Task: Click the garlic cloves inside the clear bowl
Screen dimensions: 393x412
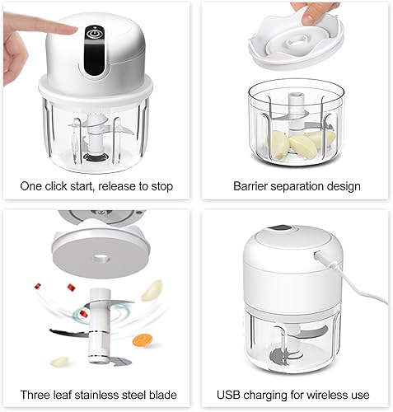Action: pyautogui.click(x=300, y=143)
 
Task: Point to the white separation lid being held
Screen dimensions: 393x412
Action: pyautogui.click(x=296, y=42)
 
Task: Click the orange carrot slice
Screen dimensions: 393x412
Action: pyautogui.click(x=142, y=340)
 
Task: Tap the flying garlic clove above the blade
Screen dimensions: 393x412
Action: pyautogui.click(x=152, y=290)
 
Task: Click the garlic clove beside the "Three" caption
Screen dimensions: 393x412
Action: pyautogui.click(x=59, y=361)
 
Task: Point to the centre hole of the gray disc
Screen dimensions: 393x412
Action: pyautogui.click(x=100, y=259)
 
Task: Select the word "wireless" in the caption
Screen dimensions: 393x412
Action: pyautogui.click(x=329, y=395)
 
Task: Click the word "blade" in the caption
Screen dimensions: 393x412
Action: pyautogui.click(x=163, y=395)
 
